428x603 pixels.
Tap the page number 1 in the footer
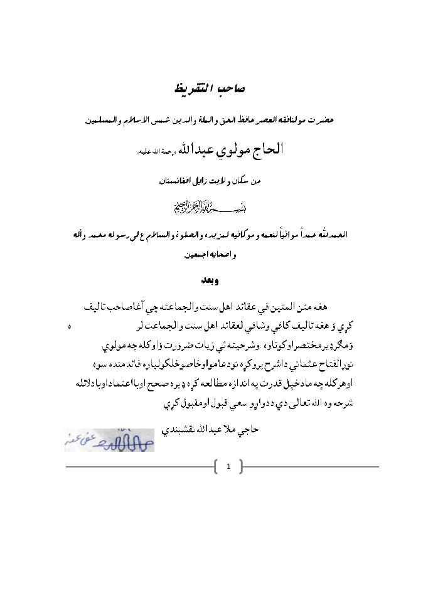(228, 466)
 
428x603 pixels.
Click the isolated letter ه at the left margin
(69, 327)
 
